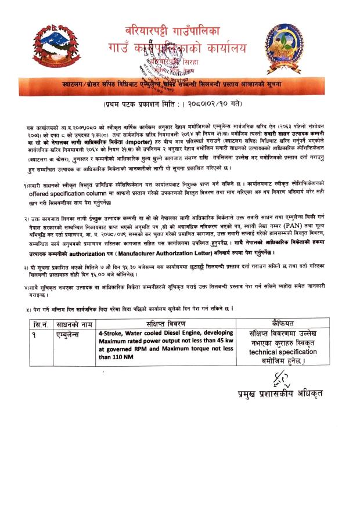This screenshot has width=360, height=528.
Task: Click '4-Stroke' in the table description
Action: [x=111, y=334]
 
